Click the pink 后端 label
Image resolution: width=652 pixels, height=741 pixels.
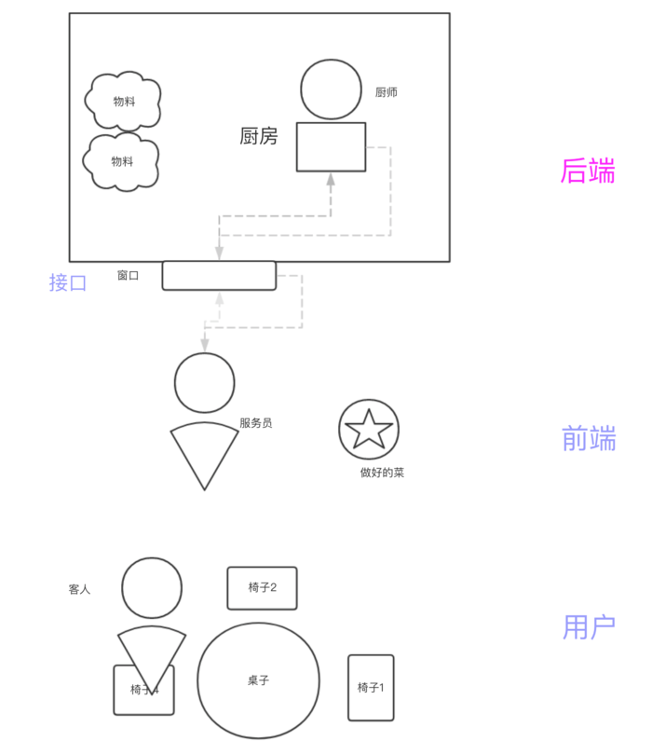pyautogui.click(x=587, y=172)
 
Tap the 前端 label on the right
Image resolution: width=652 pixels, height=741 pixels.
pyautogui.click(x=589, y=438)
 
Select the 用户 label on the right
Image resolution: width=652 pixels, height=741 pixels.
pyautogui.click(x=589, y=627)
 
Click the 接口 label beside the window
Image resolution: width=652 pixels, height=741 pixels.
pyautogui.click(x=68, y=282)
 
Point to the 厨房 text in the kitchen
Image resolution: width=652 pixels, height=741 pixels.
pyautogui.click(x=259, y=137)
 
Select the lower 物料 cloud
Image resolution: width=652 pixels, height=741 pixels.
pyautogui.click(x=122, y=161)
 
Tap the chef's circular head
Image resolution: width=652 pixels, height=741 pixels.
pyautogui.click(x=331, y=89)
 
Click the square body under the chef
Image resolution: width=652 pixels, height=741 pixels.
pyautogui.click(x=331, y=147)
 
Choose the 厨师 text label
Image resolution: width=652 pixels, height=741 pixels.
pyautogui.click(x=387, y=92)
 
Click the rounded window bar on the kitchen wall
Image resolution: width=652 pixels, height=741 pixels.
pyautogui.click(x=219, y=276)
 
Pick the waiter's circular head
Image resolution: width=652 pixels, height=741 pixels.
pyautogui.click(x=204, y=383)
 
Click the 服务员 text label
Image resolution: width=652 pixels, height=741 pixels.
pyautogui.click(x=256, y=423)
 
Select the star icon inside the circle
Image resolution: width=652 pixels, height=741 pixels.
pyautogui.click(x=368, y=429)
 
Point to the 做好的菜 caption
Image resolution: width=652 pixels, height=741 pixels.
pyautogui.click(x=382, y=473)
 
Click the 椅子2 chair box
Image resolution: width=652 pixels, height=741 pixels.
pyautogui.click(x=262, y=588)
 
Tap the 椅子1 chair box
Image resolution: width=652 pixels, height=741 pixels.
pyautogui.click(x=371, y=688)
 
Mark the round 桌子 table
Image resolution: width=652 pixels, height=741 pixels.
pyautogui.click(x=258, y=680)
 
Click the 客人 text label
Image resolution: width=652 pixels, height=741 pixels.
pyautogui.click(x=80, y=590)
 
